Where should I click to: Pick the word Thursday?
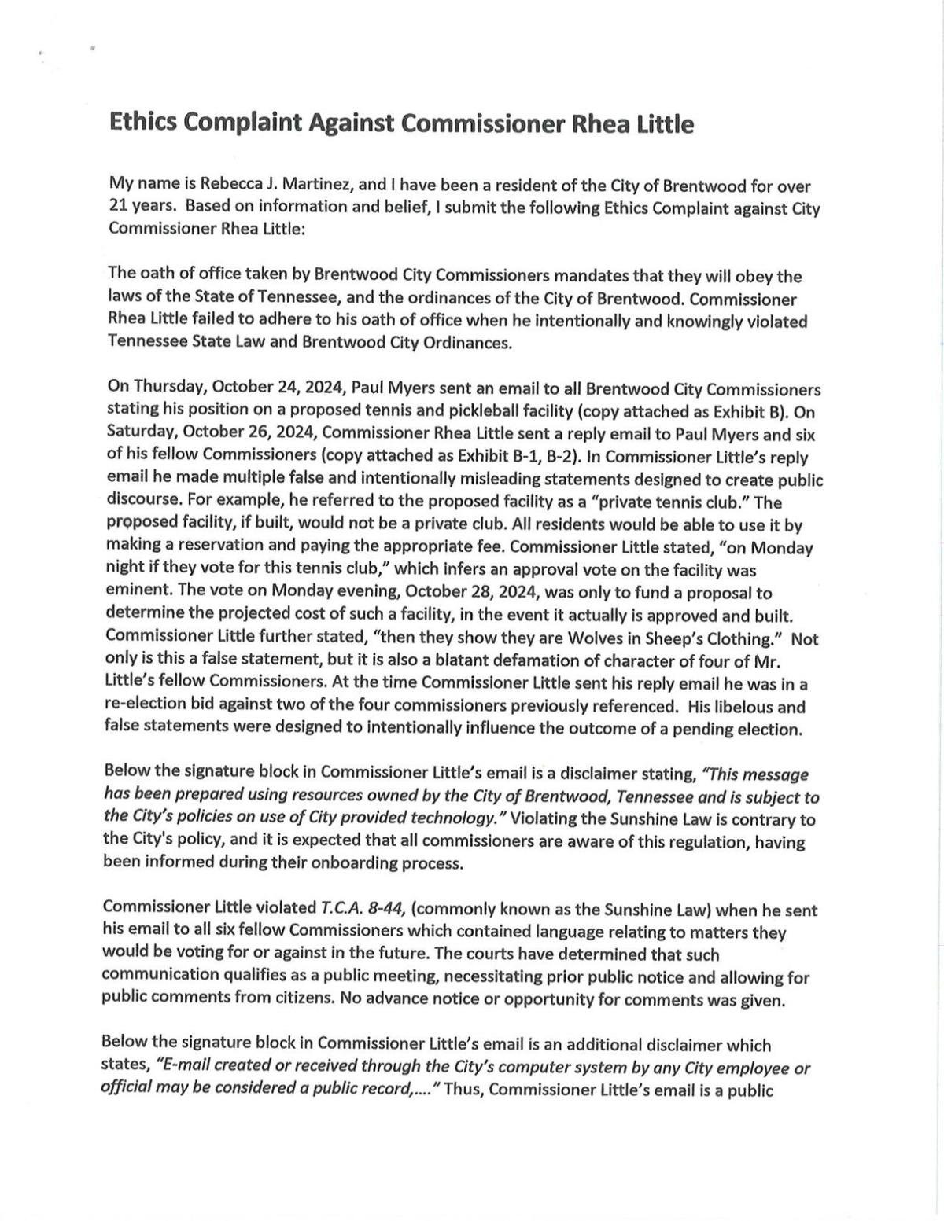tap(168, 388)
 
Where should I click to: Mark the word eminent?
tap(135, 591)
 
